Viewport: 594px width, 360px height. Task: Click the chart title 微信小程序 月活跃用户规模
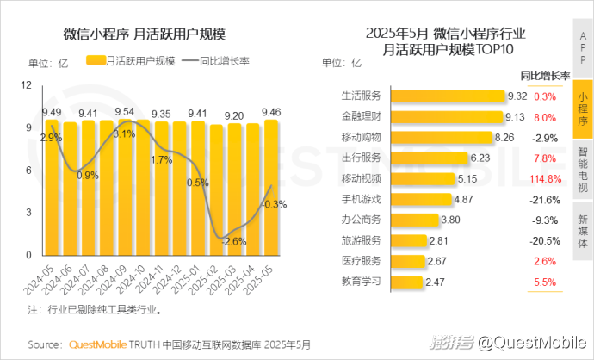tap(144, 35)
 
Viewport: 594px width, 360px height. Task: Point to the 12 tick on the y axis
tap(27, 85)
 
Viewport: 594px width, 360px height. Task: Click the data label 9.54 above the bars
tap(125, 112)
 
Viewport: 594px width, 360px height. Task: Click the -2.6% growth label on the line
tap(234, 242)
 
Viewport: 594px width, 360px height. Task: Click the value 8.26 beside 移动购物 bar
tap(504, 138)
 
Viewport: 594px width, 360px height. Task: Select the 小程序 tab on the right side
tap(583, 109)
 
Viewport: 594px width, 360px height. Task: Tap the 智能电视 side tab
tap(583, 169)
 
